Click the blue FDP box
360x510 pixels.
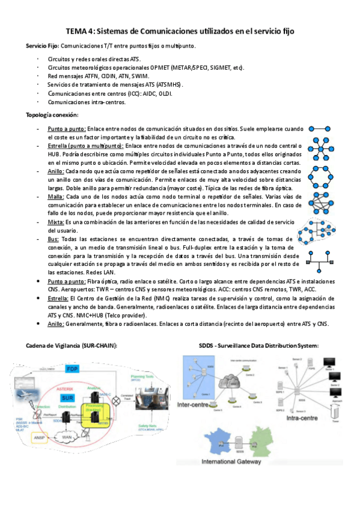[x=73, y=367]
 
